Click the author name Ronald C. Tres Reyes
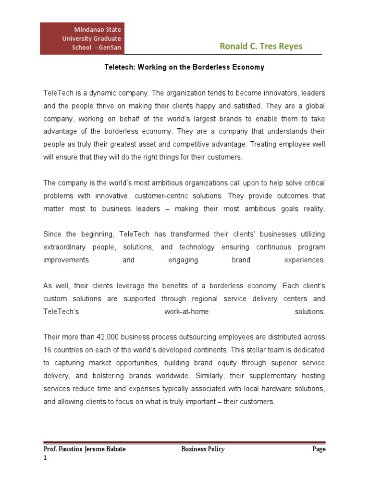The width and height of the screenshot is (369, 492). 261,46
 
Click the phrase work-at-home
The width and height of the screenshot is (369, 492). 186,312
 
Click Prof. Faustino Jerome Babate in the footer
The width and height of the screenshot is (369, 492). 84,449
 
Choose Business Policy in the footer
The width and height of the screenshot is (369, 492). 203,449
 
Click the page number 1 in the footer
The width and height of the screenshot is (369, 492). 45,458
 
